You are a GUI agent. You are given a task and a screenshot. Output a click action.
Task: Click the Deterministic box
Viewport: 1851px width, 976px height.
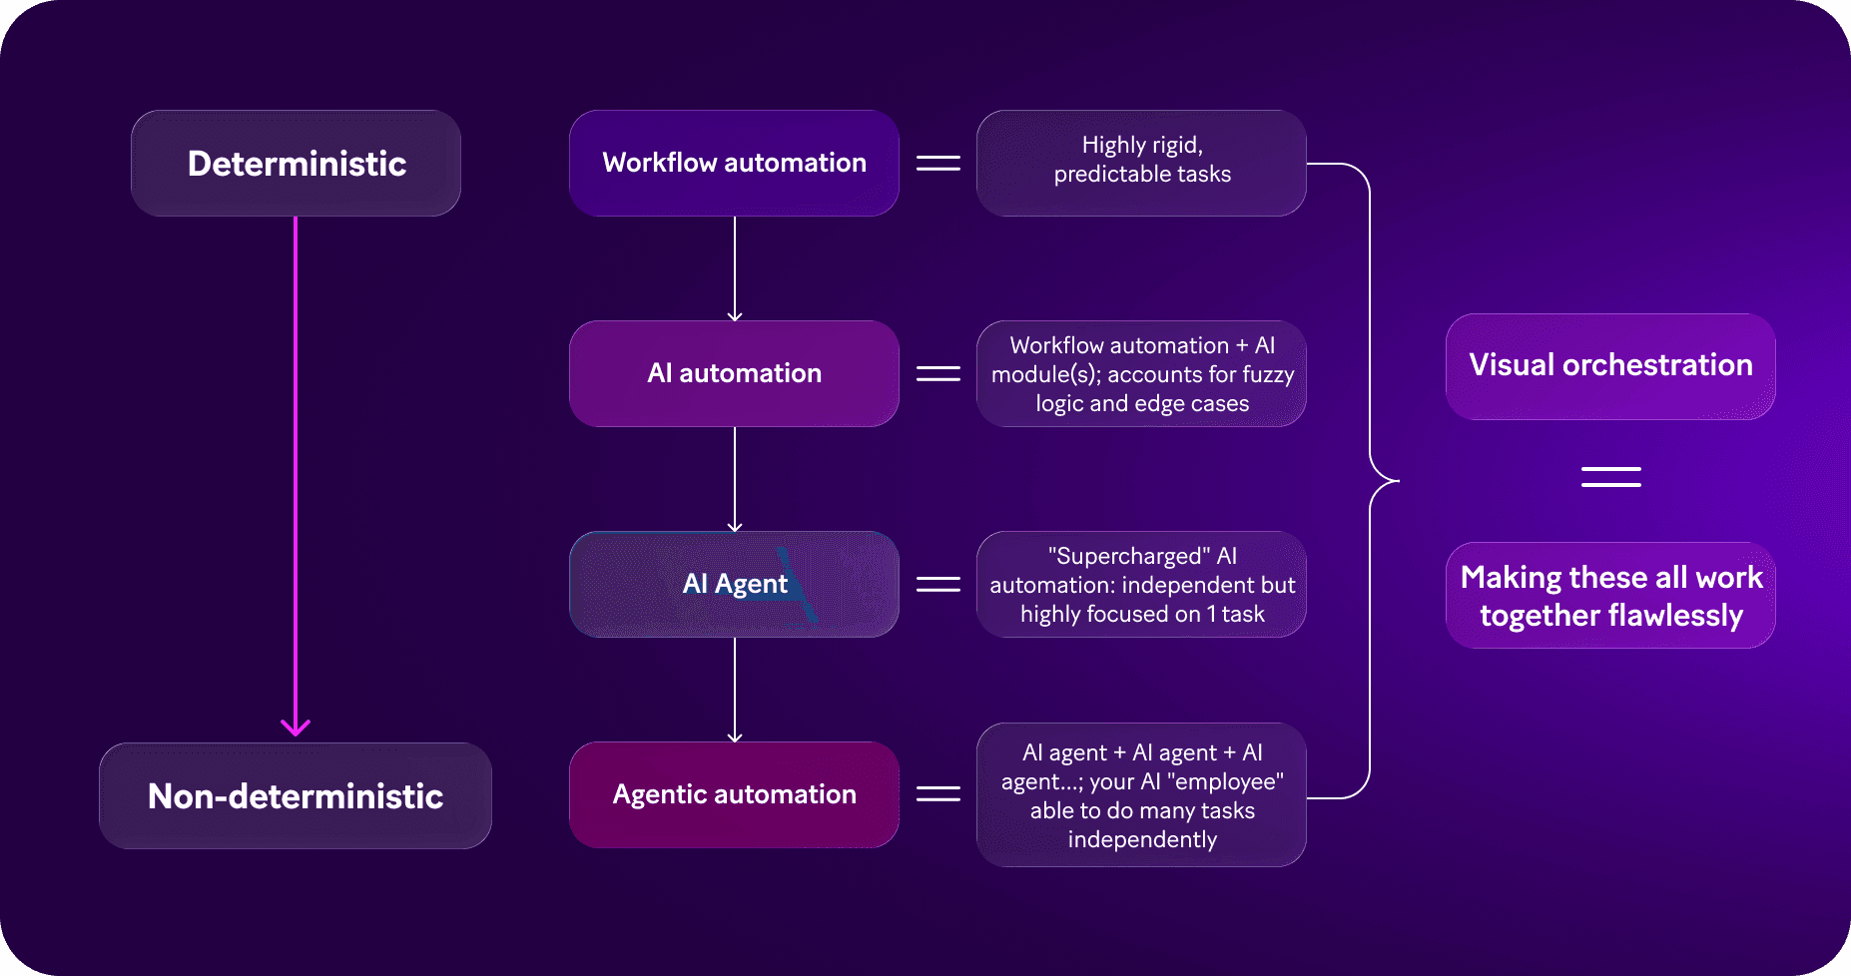pyautogui.click(x=296, y=164)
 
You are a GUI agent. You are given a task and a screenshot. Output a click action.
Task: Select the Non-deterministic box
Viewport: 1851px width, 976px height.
pyautogui.click(x=296, y=795)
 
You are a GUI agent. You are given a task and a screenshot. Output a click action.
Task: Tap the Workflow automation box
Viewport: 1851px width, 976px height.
pyautogui.click(x=734, y=163)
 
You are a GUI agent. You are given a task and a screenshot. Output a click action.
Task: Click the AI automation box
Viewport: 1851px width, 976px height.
pyautogui.click(x=734, y=373)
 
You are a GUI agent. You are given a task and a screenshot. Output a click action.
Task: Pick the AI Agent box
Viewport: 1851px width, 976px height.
pyautogui.click(x=734, y=584)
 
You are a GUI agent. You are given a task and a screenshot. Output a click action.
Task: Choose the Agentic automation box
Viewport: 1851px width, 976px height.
pyautogui.click(x=734, y=794)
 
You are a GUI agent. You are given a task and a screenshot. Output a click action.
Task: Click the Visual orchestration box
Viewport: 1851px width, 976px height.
pyautogui.click(x=1610, y=365)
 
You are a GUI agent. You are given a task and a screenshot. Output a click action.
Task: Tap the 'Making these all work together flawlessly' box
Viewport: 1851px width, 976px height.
pyautogui.click(x=1610, y=596)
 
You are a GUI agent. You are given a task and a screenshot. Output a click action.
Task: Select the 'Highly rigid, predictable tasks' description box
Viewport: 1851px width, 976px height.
pyautogui.click(x=1141, y=163)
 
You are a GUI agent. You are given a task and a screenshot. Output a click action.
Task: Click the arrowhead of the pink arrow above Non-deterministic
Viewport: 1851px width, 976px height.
pyautogui.click(x=296, y=728)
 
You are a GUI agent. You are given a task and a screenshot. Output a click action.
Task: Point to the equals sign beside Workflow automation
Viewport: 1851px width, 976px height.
pyautogui.click(x=938, y=163)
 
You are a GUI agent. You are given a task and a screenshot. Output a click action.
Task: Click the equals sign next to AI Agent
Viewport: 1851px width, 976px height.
pyautogui.click(x=938, y=584)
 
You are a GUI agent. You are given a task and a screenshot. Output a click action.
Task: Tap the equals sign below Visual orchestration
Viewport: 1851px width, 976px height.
pyautogui.click(x=1610, y=477)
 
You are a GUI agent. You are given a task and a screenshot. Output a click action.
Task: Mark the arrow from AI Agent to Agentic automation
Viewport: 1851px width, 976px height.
pyautogui.click(x=735, y=689)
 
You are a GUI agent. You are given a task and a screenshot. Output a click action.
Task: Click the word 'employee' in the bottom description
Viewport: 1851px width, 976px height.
pyautogui.click(x=1229, y=781)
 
